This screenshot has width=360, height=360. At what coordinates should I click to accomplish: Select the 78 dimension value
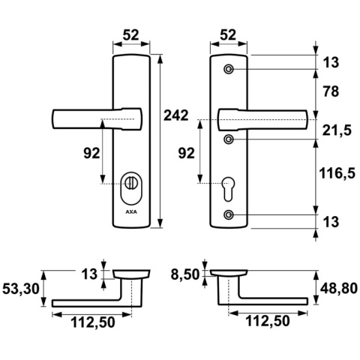point(331,92)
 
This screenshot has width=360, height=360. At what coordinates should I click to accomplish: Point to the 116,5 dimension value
point(337,174)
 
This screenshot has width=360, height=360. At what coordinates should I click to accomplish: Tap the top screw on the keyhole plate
point(229,70)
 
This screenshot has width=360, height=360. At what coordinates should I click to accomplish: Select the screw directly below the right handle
point(229,139)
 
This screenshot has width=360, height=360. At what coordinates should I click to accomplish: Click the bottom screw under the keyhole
point(229,216)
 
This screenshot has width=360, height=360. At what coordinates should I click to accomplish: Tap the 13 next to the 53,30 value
point(89,274)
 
